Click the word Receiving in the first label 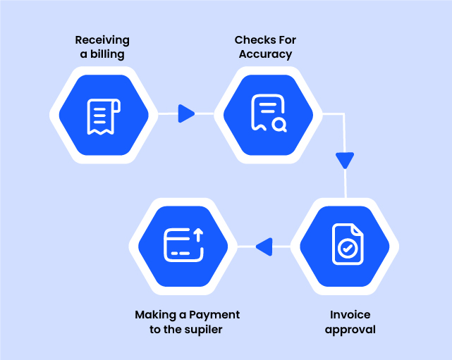[x=102, y=40]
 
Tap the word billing [x=110, y=54]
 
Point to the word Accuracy [x=265, y=54]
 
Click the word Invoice [x=350, y=314]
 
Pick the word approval [x=350, y=329]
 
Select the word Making [x=152, y=314]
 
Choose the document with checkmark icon [x=347, y=244]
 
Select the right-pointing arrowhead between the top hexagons [x=186, y=113]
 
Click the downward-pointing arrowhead [x=344, y=161]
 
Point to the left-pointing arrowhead [x=264, y=247]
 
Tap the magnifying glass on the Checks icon [x=279, y=125]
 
